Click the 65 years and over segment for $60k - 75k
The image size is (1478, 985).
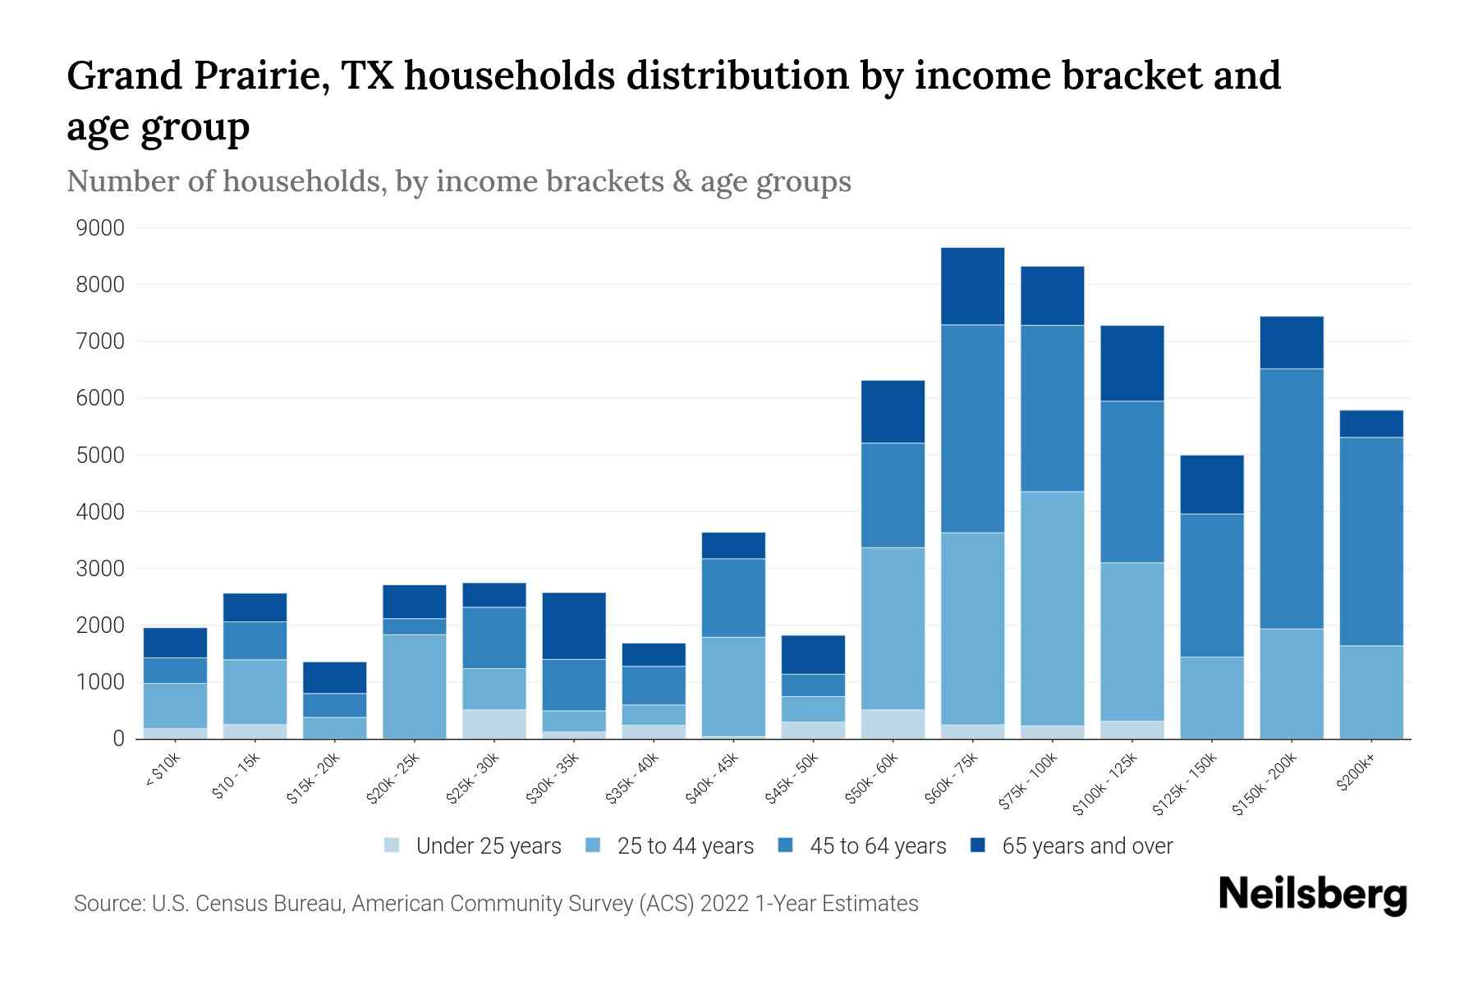tap(972, 286)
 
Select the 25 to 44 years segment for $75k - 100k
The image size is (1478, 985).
tap(1052, 607)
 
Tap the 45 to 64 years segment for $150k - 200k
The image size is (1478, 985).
tap(1292, 498)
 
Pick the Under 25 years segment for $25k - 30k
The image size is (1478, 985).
tap(494, 724)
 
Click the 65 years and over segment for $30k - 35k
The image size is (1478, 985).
tap(574, 625)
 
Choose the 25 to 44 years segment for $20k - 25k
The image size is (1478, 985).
tap(415, 686)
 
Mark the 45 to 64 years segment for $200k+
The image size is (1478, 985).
tap(1371, 541)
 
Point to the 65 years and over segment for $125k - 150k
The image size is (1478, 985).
tap(1212, 484)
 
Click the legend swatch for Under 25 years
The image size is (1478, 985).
tap(392, 845)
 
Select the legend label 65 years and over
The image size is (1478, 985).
tap(1087, 845)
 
